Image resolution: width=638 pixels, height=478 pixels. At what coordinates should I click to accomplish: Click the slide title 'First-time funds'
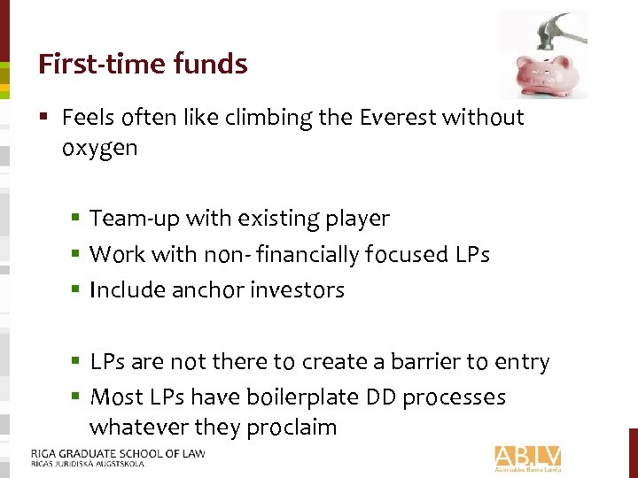click(143, 64)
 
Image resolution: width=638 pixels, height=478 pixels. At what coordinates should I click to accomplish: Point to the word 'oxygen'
click(100, 148)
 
